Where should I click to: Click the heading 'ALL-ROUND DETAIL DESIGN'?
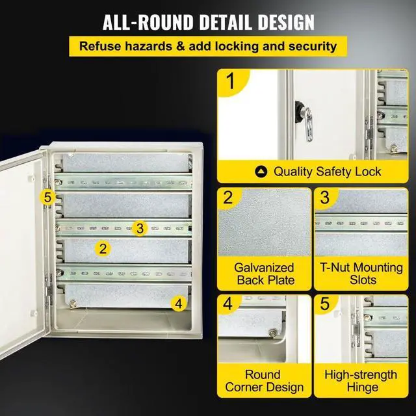[x=208, y=21]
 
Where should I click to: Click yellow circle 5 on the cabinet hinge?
[x=47, y=196]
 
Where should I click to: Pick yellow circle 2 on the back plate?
[x=102, y=248]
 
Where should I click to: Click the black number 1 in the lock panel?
[x=229, y=83]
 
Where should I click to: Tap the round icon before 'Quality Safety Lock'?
[x=261, y=172]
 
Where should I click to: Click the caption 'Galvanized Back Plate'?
[x=265, y=274]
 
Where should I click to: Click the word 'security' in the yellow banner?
[x=311, y=46]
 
